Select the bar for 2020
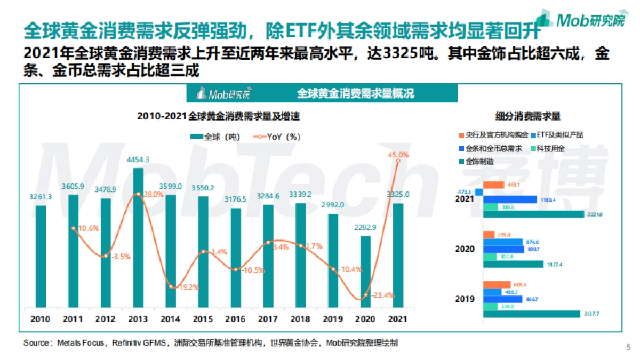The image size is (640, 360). tap(365, 271)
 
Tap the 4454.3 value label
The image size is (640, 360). tap(138, 159)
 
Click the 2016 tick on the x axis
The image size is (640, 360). tap(235, 319)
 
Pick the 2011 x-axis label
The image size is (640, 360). tap(73, 319)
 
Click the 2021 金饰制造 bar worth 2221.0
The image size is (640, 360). tap(534, 214)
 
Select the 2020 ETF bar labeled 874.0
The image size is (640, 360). tap(503, 242)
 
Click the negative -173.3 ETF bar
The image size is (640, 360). tap(478, 192)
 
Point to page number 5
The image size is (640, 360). tap(628, 347)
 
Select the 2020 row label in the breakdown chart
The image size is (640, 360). tap(465, 249)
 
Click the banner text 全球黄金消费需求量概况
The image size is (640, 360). tap(355, 94)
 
